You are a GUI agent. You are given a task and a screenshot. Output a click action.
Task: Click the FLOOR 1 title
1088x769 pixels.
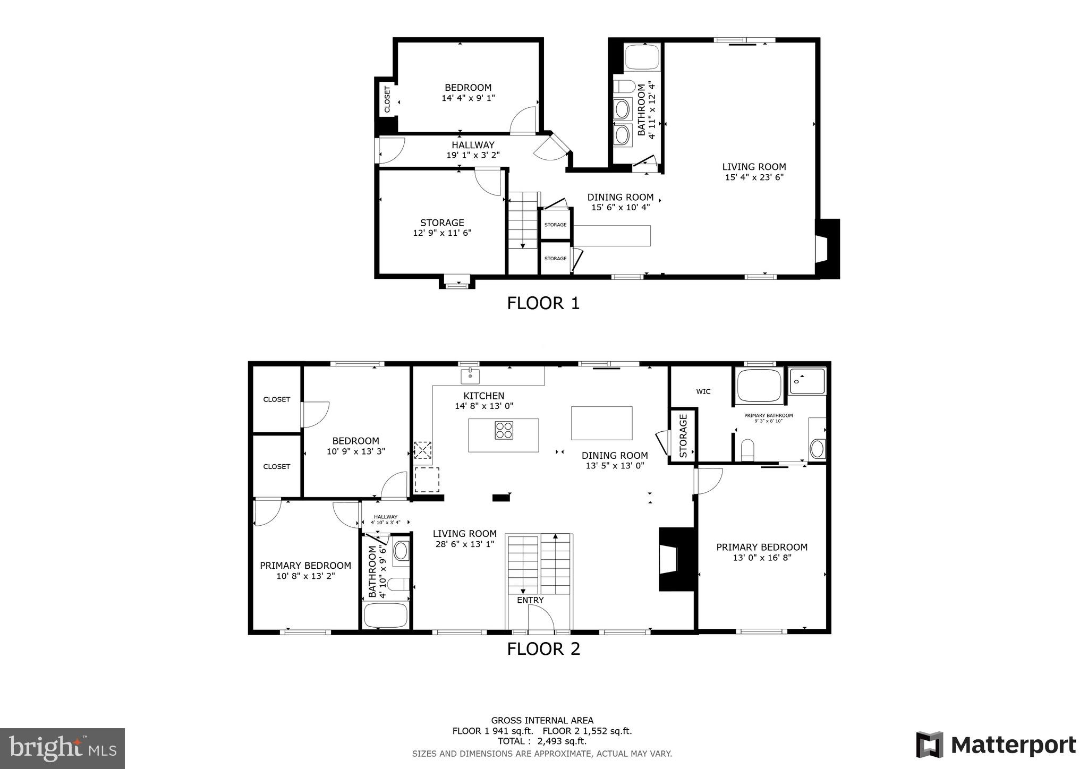[543, 303]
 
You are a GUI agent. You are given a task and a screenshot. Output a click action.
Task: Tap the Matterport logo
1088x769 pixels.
[996, 745]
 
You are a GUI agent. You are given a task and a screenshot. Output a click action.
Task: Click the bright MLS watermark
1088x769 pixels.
[62, 749]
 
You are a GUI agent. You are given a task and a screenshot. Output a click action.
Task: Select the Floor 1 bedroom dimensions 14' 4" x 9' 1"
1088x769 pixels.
[468, 98]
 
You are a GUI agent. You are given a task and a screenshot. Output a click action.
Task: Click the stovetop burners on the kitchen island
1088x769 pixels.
[504, 430]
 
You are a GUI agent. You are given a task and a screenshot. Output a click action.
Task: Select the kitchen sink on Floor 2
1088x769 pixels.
[470, 375]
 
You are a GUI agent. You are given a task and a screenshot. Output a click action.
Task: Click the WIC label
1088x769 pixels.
[703, 391]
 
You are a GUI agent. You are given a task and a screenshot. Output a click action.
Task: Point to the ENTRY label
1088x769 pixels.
[530, 600]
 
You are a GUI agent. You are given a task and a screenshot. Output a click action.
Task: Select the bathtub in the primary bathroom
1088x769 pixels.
[759, 386]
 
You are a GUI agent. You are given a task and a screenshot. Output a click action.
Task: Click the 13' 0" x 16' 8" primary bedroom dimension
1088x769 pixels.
[762, 558]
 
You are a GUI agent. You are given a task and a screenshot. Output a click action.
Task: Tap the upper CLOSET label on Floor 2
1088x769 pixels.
[277, 399]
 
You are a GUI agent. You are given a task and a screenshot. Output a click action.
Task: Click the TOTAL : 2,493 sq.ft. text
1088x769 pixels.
[542, 741]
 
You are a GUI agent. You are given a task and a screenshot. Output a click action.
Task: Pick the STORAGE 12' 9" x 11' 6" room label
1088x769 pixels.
[442, 227]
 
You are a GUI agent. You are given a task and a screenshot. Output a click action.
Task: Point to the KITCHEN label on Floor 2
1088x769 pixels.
[483, 396]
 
